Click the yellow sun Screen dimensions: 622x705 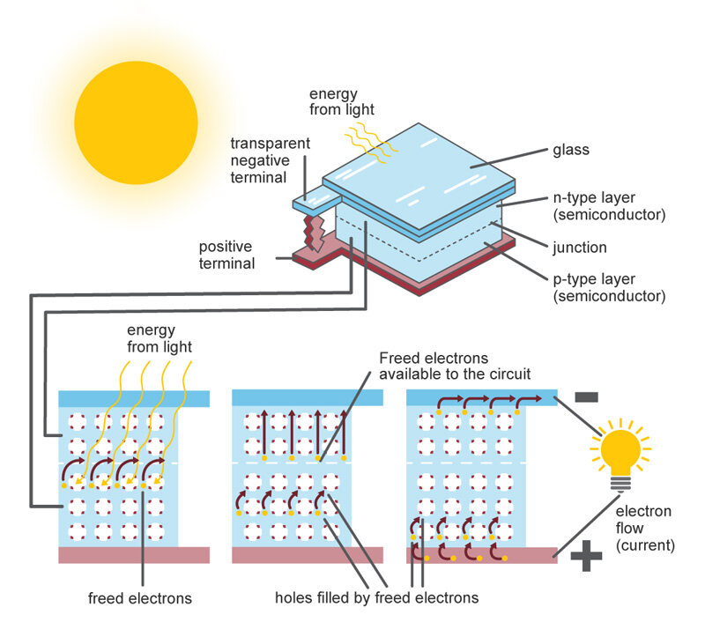pos(136,122)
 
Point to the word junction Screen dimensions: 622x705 pos(581,248)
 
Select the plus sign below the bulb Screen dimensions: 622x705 pos(586,556)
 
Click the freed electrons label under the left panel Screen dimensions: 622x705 pos(140,598)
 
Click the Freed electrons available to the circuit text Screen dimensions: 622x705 pos(446,366)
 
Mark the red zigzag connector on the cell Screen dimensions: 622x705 pos(311,231)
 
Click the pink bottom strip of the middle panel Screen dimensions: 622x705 pos(308,555)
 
